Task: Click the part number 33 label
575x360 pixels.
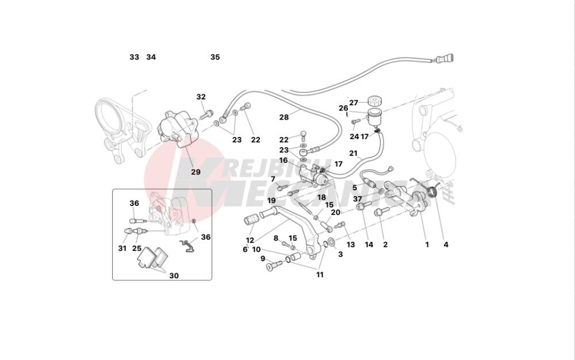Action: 134,58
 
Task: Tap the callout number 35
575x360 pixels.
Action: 215,58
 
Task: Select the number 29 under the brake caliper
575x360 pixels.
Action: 196,172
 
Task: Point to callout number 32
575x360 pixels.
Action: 201,97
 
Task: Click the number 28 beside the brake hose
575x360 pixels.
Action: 284,117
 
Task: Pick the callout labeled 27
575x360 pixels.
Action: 354,103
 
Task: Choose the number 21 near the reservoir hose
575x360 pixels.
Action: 353,154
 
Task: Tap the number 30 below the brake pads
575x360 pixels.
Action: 174,276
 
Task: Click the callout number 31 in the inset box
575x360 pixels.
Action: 122,248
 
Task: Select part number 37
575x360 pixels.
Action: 358,199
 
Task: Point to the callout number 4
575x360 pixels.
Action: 446,244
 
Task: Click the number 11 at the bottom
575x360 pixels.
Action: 320,275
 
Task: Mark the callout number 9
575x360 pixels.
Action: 263,259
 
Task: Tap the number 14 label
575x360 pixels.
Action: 369,244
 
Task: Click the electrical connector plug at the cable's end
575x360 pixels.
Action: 446,58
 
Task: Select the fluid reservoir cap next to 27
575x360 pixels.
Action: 377,98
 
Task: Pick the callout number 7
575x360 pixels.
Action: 273,179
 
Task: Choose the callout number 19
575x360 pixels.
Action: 271,201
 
